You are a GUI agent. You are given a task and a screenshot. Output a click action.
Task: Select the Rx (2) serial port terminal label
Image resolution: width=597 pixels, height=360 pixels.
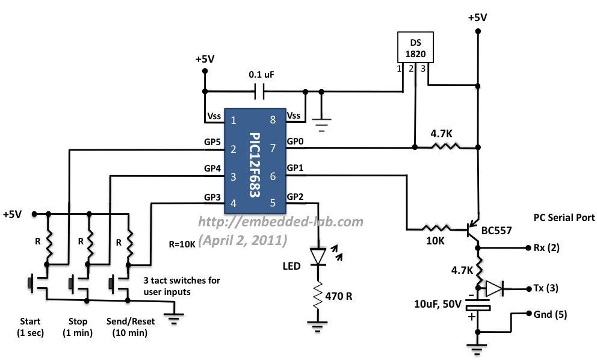click(x=545, y=248)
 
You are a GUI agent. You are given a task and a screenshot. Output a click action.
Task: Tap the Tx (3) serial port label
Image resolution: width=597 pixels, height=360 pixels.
click(x=545, y=288)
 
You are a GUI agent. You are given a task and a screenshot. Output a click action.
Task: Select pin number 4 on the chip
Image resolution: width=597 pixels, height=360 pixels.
click(x=233, y=203)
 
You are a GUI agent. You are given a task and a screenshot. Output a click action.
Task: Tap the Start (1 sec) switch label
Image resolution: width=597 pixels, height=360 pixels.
click(x=31, y=326)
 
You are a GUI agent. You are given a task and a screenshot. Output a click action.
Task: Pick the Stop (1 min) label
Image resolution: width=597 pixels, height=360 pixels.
click(x=75, y=326)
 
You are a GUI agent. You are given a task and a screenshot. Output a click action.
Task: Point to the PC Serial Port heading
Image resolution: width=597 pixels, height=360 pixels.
click(x=564, y=217)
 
